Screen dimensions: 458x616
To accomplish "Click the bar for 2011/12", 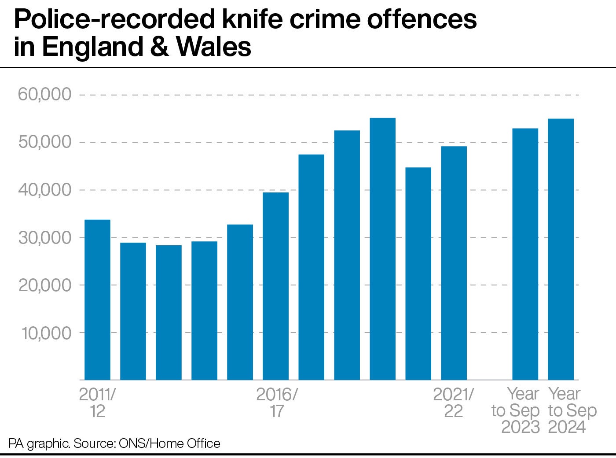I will (97, 299).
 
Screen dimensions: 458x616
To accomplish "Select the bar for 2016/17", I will (275, 286).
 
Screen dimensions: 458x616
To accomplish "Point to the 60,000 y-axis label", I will (44, 94).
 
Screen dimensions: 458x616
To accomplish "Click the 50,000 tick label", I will (44, 142).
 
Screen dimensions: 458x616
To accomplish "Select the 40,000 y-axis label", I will (44, 190).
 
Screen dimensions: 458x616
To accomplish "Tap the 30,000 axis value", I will (44, 237).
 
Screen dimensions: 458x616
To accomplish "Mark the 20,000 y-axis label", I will (44, 285).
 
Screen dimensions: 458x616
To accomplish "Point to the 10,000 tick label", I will (46, 333).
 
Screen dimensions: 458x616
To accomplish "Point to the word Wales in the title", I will (214, 47).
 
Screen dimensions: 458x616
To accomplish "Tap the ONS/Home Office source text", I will (169, 443).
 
